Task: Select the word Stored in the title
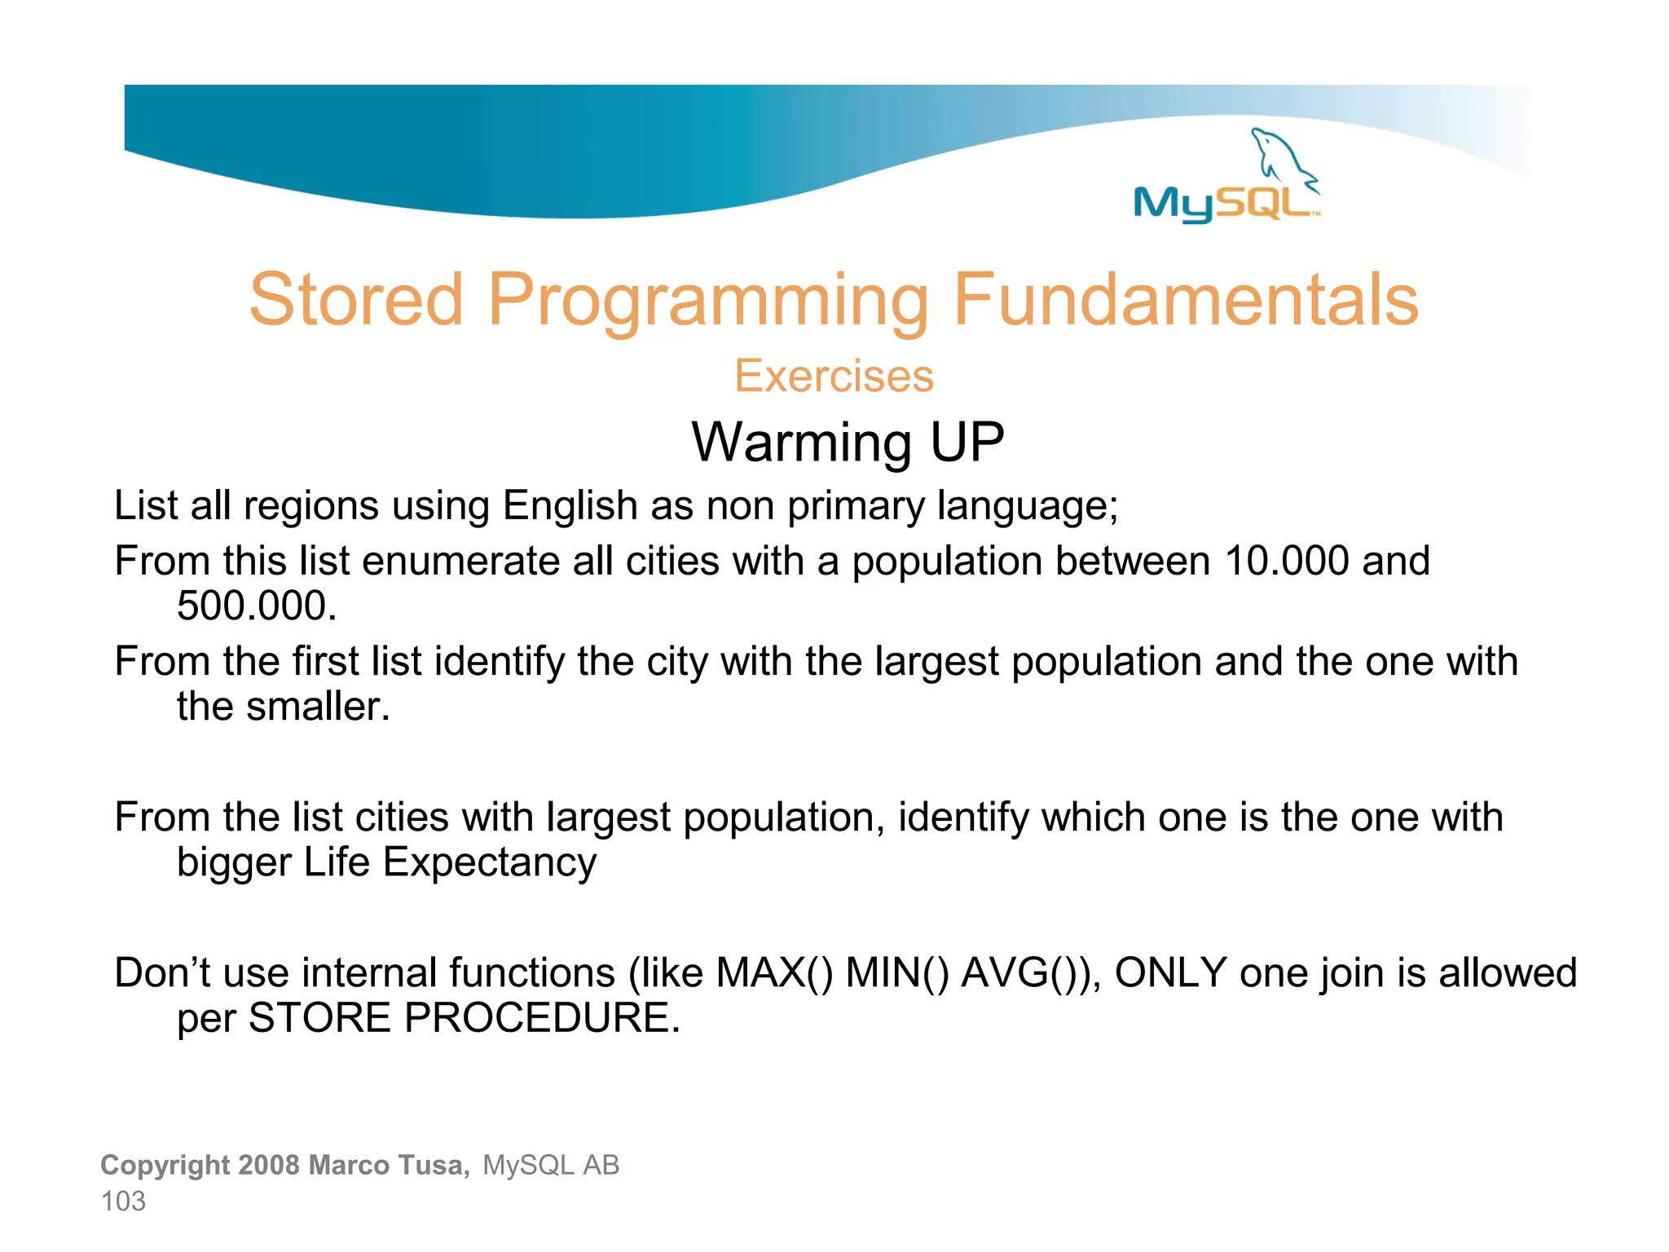(x=356, y=300)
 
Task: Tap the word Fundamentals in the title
(x=1186, y=300)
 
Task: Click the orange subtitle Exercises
(x=834, y=377)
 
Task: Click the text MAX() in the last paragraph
(x=774, y=973)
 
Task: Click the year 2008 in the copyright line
(x=270, y=1166)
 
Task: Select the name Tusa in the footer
(x=432, y=1166)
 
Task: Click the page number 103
(x=123, y=1201)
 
